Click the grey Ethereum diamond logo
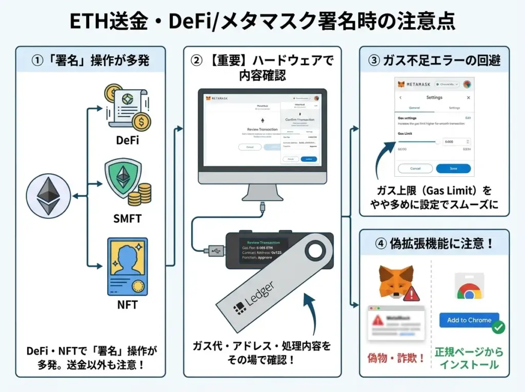pyautogui.click(x=47, y=197)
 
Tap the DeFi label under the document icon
pyautogui.click(x=127, y=140)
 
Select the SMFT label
pyautogui.click(x=127, y=219)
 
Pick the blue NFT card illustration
pyautogui.click(x=127, y=266)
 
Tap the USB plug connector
pyautogui.click(x=214, y=251)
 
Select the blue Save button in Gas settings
pyautogui.click(x=453, y=168)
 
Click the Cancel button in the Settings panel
pyautogui.click(x=415, y=168)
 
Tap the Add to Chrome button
pyautogui.click(x=469, y=320)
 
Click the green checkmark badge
pyautogui.click(x=498, y=327)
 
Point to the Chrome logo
pyautogui.click(x=469, y=290)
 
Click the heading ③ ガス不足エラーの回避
pyautogui.click(x=434, y=60)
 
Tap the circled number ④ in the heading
pyautogui.click(x=380, y=243)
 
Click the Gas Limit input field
pyautogui.click(x=457, y=141)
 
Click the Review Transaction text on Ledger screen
pyautogui.click(x=264, y=242)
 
